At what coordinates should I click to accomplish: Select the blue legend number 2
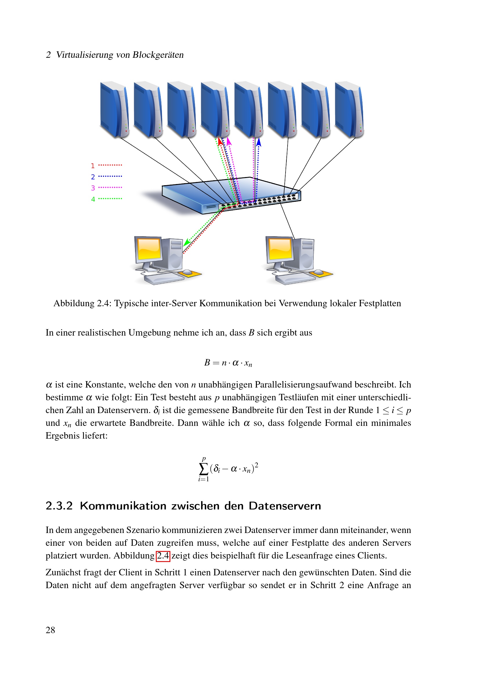(x=93, y=177)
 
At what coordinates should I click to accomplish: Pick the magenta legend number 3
(x=93, y=188)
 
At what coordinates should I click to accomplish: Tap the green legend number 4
(x=93, y=199)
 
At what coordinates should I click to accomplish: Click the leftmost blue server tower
(x=114, y=109)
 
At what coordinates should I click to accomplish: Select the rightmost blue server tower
(x=349, y=109)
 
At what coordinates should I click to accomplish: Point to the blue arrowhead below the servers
(x=259, y=142)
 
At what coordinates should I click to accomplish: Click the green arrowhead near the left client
(x=186, y=243)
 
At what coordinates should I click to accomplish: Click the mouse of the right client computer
(x=318, y=272)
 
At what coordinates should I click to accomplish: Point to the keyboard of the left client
(x=163, y=279)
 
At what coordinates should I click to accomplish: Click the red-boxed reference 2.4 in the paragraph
(x=163, y=556)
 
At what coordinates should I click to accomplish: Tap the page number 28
(x=50, y=630)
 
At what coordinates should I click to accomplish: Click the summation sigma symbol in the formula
(x=204, y=469)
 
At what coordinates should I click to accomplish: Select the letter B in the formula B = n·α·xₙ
(x=207, y=363)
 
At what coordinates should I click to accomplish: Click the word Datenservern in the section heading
(x=285, y=506)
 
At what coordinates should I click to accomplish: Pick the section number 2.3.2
(x=59, y=506)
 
